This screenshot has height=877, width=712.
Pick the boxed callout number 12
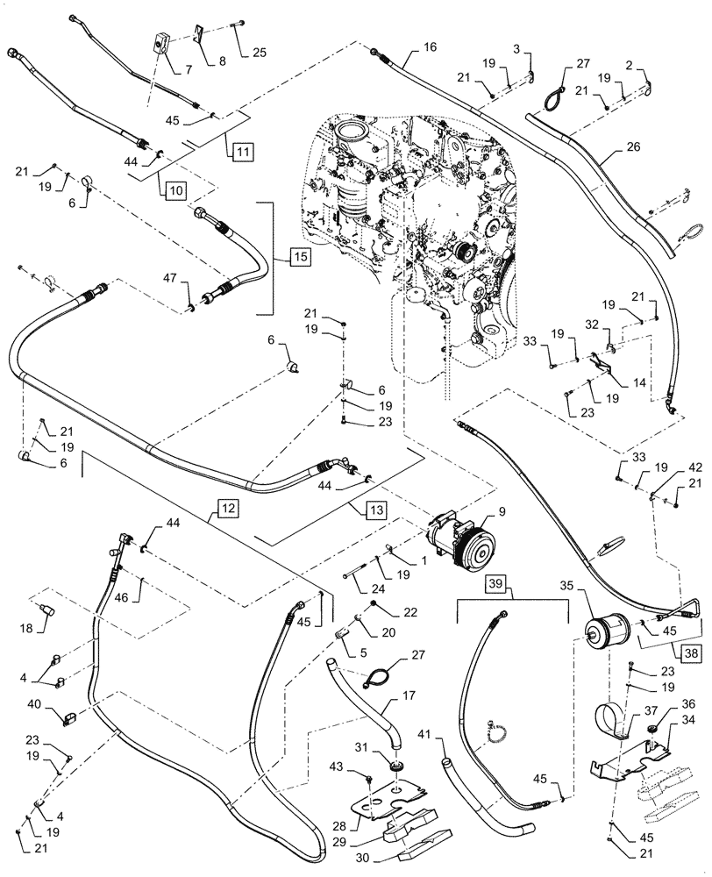coord(227,508)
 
